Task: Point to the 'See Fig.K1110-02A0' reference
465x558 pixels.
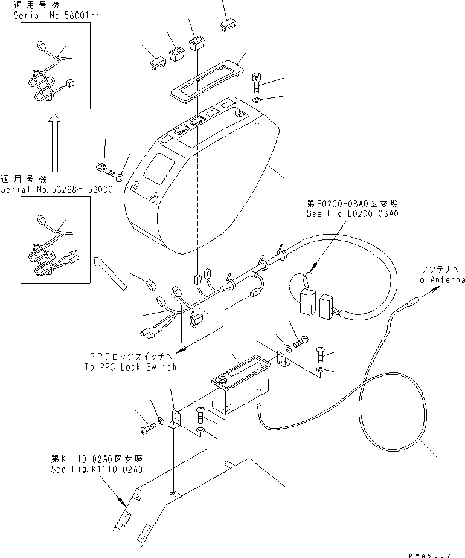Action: click(97, 469)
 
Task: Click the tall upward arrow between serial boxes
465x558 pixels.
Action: click(54, 145)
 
